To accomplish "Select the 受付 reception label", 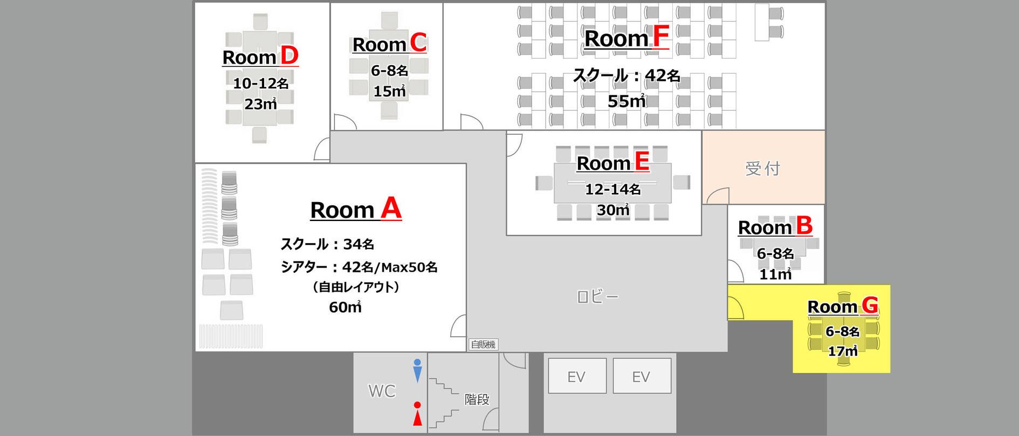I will pyautogui.click(x=762, y=169).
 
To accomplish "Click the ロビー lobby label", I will pyautogui.click(x=597, y=296).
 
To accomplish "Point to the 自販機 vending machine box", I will pyautogui.click(x=483, y=344).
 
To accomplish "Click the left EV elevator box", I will pyautogui.click(x=577, y=376).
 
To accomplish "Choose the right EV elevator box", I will pyautogui.click(x=642, y=376).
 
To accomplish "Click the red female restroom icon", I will pyautogui.click(x=417, y=414).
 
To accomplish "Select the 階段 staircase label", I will pyautogui.click(x=477, y=399).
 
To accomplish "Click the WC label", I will pyautogui.click(x=382, y=391).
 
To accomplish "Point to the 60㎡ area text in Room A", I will pyautogui.click(x=345, y=307).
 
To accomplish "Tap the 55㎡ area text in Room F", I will pyautogui.click(x=626, y=101).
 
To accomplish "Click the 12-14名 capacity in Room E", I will pyautogui.click(x=613, y=189).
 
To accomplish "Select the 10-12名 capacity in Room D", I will pyautogui.click(x=260, y=84).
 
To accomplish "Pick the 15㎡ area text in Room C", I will pyautogui.click(x=389, y=91).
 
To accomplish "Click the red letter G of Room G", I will pyautogui.click(x=870, y=306).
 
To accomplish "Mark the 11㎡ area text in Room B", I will pyautogui.click(x=775, y=274).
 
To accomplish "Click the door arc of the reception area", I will pyautogui.click(x=717, y=196).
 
